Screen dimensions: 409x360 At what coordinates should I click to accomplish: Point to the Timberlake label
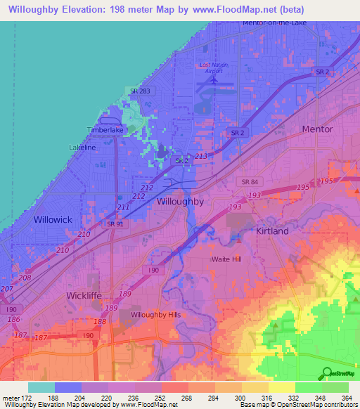105,130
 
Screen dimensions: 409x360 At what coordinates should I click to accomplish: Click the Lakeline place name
82,148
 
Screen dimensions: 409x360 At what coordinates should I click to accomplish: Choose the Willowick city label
53,219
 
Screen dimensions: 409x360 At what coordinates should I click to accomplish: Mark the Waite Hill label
226,259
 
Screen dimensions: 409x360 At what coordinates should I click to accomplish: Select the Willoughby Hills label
155,314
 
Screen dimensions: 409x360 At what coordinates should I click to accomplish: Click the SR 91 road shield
115,223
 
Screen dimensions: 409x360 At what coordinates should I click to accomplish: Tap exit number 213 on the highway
202,155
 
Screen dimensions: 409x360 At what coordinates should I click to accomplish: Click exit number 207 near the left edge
7,289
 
